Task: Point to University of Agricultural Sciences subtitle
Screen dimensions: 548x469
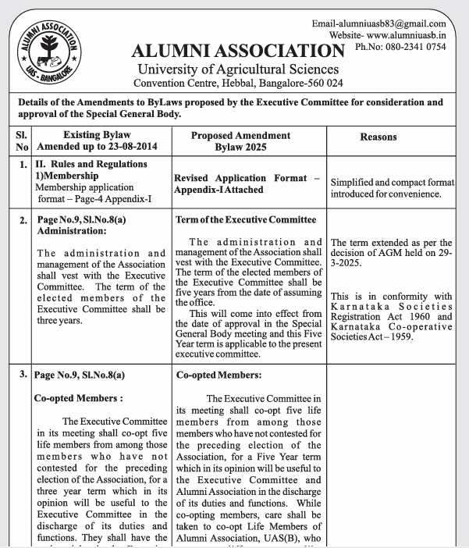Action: [x=238, y=70]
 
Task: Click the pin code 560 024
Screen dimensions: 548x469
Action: [x=325, y=84]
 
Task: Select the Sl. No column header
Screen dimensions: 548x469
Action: [x=21, y=141]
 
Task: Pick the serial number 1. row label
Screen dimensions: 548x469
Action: [x=24, y=164]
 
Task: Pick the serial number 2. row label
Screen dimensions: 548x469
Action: [x=24, y=221]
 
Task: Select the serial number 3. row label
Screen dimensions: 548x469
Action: [x=24, y=375]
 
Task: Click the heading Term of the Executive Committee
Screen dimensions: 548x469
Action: [x=246, y=220]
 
